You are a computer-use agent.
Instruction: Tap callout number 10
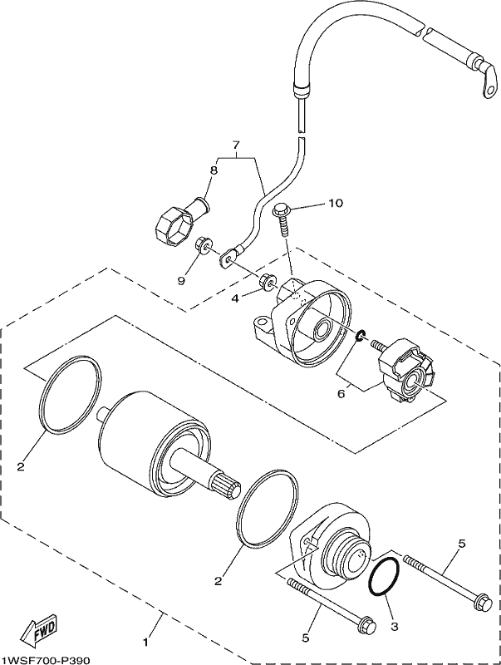[335, 203]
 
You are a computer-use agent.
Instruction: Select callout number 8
[214, 170]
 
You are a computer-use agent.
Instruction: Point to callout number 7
[236, 144]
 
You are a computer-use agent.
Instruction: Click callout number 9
[181, 280]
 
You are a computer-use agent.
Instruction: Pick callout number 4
[236, 298]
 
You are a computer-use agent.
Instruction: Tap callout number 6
[341, 393]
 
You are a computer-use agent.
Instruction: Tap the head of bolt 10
[281, 209]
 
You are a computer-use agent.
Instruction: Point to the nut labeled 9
[203, 245]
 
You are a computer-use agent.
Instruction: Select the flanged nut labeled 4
[268, 282]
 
